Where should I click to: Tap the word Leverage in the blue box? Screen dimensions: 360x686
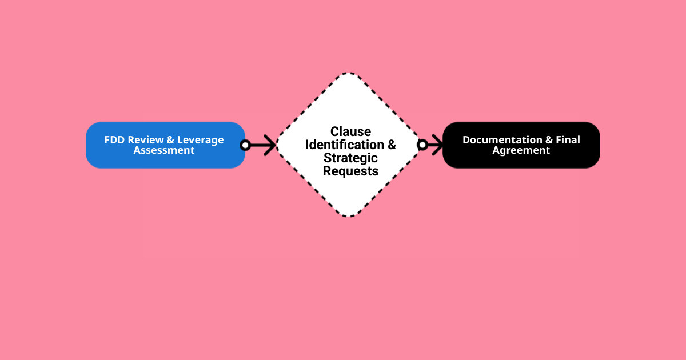(201, 140)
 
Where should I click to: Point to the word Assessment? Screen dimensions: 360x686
(164, 150)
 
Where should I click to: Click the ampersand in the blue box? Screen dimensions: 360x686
(170, 140)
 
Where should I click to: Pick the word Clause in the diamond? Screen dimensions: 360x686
(350, 132)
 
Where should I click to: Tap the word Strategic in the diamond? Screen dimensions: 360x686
(350, 158)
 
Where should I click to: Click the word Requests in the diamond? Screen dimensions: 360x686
(350, 171)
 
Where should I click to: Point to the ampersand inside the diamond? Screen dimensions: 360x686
(392, 145)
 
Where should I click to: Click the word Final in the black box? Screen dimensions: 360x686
(568, 140)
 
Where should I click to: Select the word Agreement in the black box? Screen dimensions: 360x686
(521, 150)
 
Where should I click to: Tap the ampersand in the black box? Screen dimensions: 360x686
(549, 140)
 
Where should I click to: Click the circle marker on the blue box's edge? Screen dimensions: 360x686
(245, 145)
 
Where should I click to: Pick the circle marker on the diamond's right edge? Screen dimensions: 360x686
(422, 145)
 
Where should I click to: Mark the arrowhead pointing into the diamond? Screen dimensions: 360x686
(271, 145)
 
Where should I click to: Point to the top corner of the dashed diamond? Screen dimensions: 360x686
(349, 73)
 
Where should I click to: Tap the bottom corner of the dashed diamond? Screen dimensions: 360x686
(349, 217)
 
